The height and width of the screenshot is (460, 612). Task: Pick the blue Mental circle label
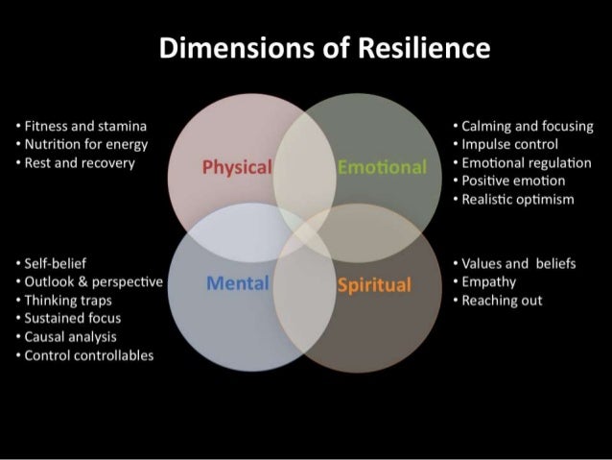tap(236, 283)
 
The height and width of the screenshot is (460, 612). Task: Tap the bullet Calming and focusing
tap(526, 127)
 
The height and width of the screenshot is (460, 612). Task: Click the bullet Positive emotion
tap(513, 182)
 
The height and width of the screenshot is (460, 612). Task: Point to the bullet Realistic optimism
tap(517, 200)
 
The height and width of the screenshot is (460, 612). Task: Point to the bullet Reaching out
tap(501, 301)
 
